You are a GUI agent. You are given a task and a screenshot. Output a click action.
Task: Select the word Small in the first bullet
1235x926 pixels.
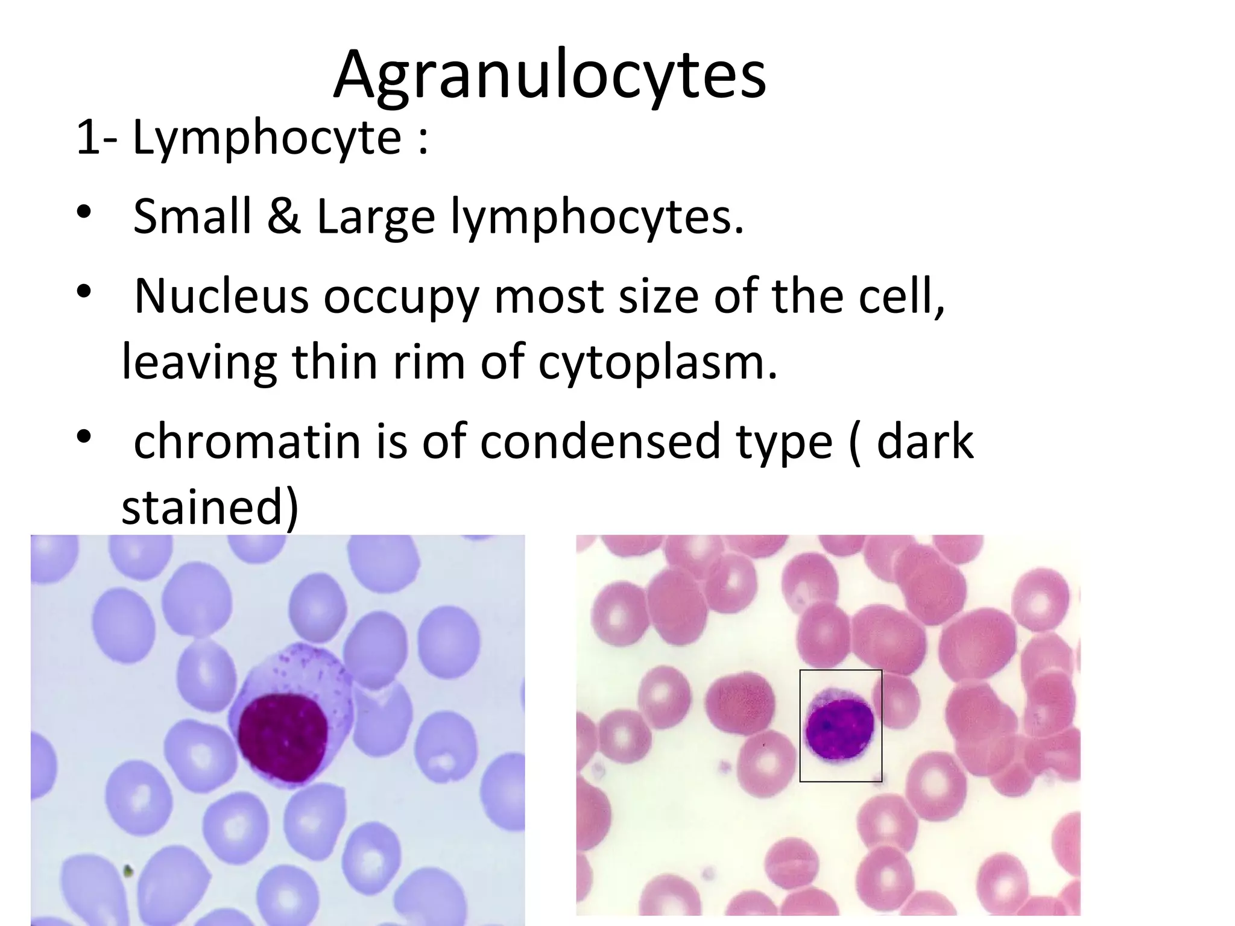click(x=192, y=216)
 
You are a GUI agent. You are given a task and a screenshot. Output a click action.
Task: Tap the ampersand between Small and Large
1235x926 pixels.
click(x=283, y=216)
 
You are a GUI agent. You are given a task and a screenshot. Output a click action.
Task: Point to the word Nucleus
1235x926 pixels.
click(x=221, y=296)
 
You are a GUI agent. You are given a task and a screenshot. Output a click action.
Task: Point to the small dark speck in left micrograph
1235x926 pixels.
click(x=127, y=871)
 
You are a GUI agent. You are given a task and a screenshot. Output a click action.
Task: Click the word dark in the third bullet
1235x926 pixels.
click(x=924, y=442)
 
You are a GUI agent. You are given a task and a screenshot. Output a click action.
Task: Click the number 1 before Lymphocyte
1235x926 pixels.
click(x=88, y=138)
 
